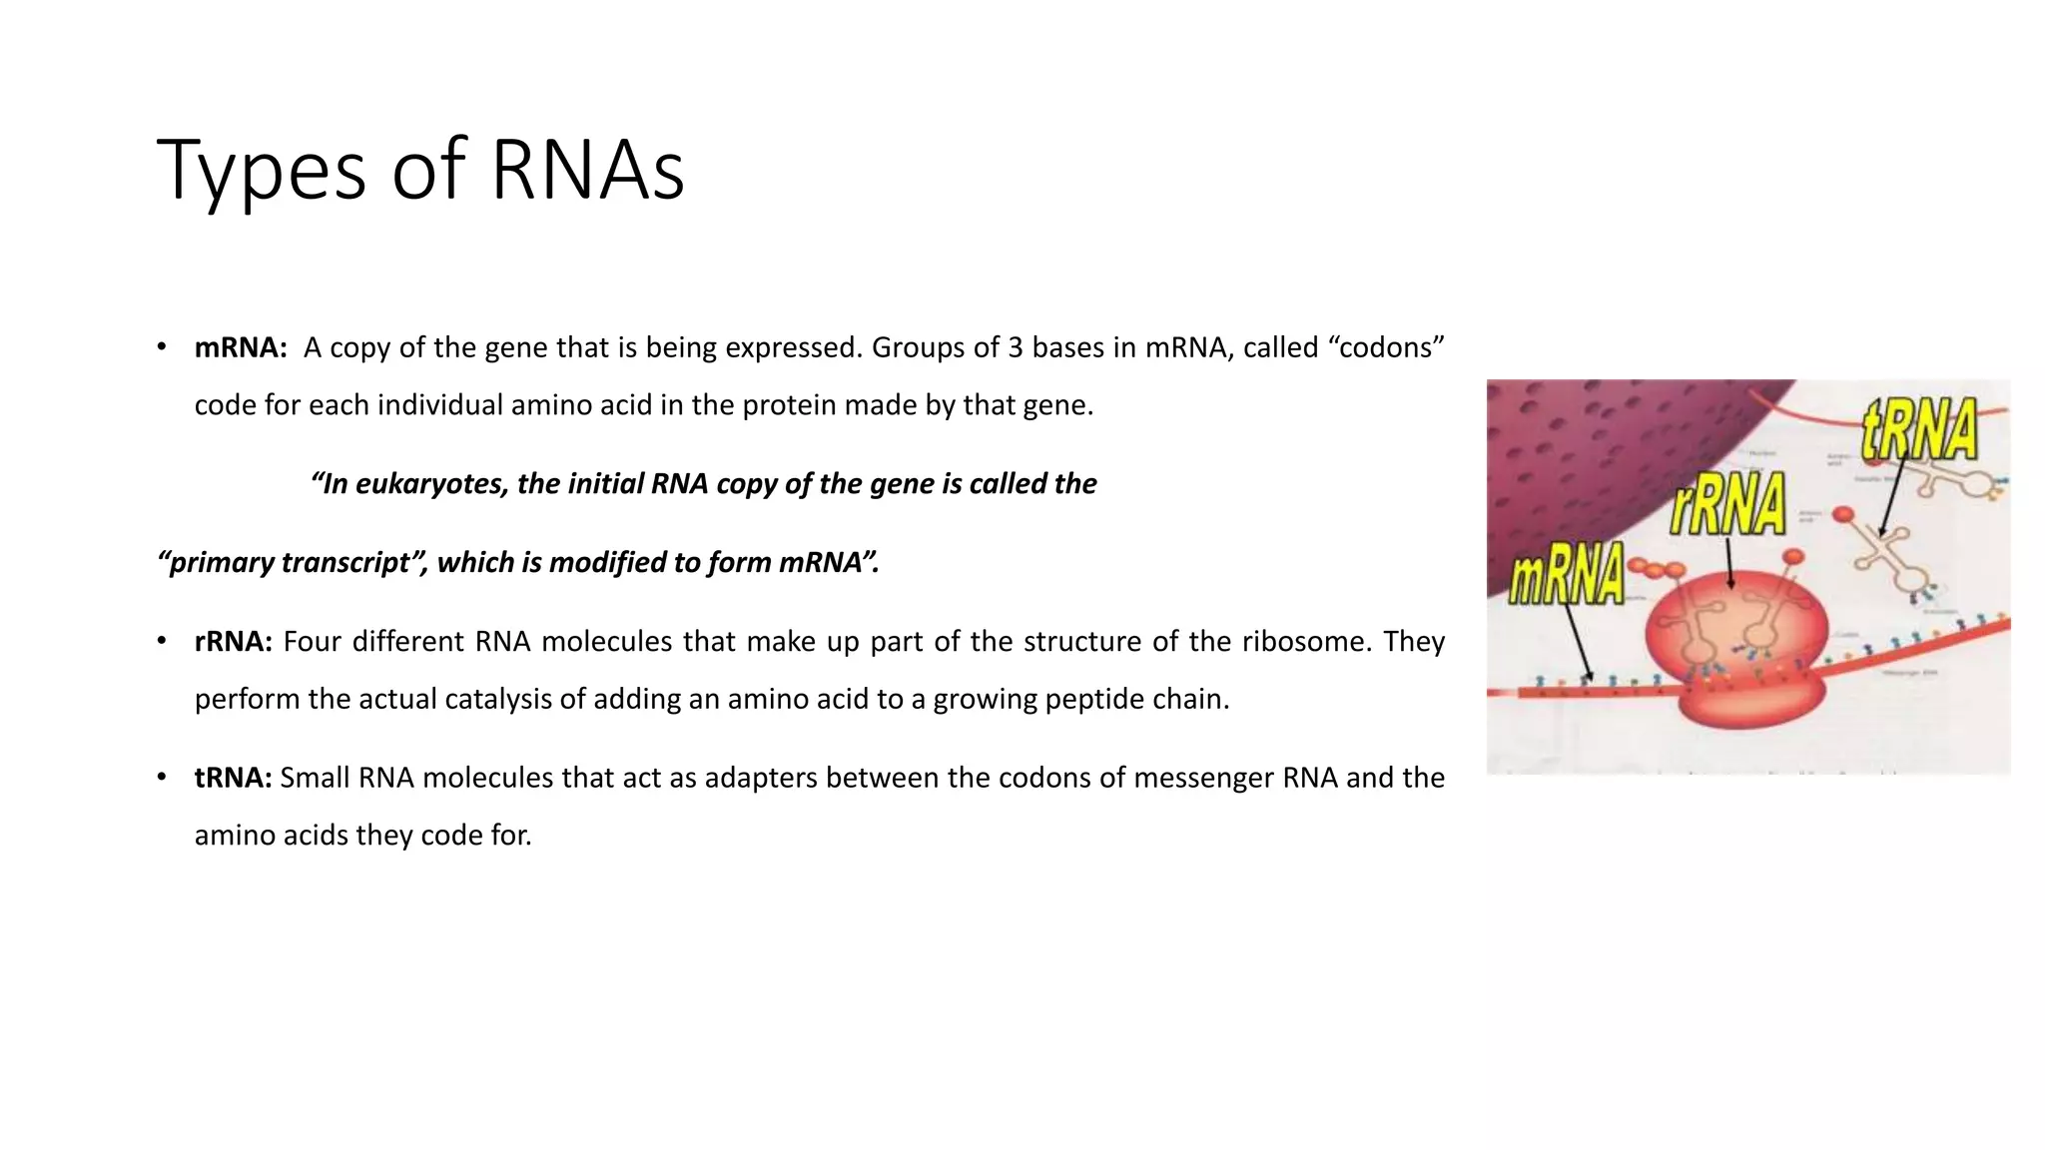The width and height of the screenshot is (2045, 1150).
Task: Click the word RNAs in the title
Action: tap(587, 170)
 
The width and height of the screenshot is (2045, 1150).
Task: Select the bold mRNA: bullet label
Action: tap(241, 347)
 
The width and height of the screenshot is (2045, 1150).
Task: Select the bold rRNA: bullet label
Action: tap(233, 641)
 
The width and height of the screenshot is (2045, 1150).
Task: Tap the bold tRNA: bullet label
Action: tap(233, 778)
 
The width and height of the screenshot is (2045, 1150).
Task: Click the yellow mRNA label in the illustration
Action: tap(1566, 576)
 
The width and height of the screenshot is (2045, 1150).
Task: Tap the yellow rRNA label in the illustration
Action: tap(1728, 505)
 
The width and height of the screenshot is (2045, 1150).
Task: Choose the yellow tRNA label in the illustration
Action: tap(1918, 429)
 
